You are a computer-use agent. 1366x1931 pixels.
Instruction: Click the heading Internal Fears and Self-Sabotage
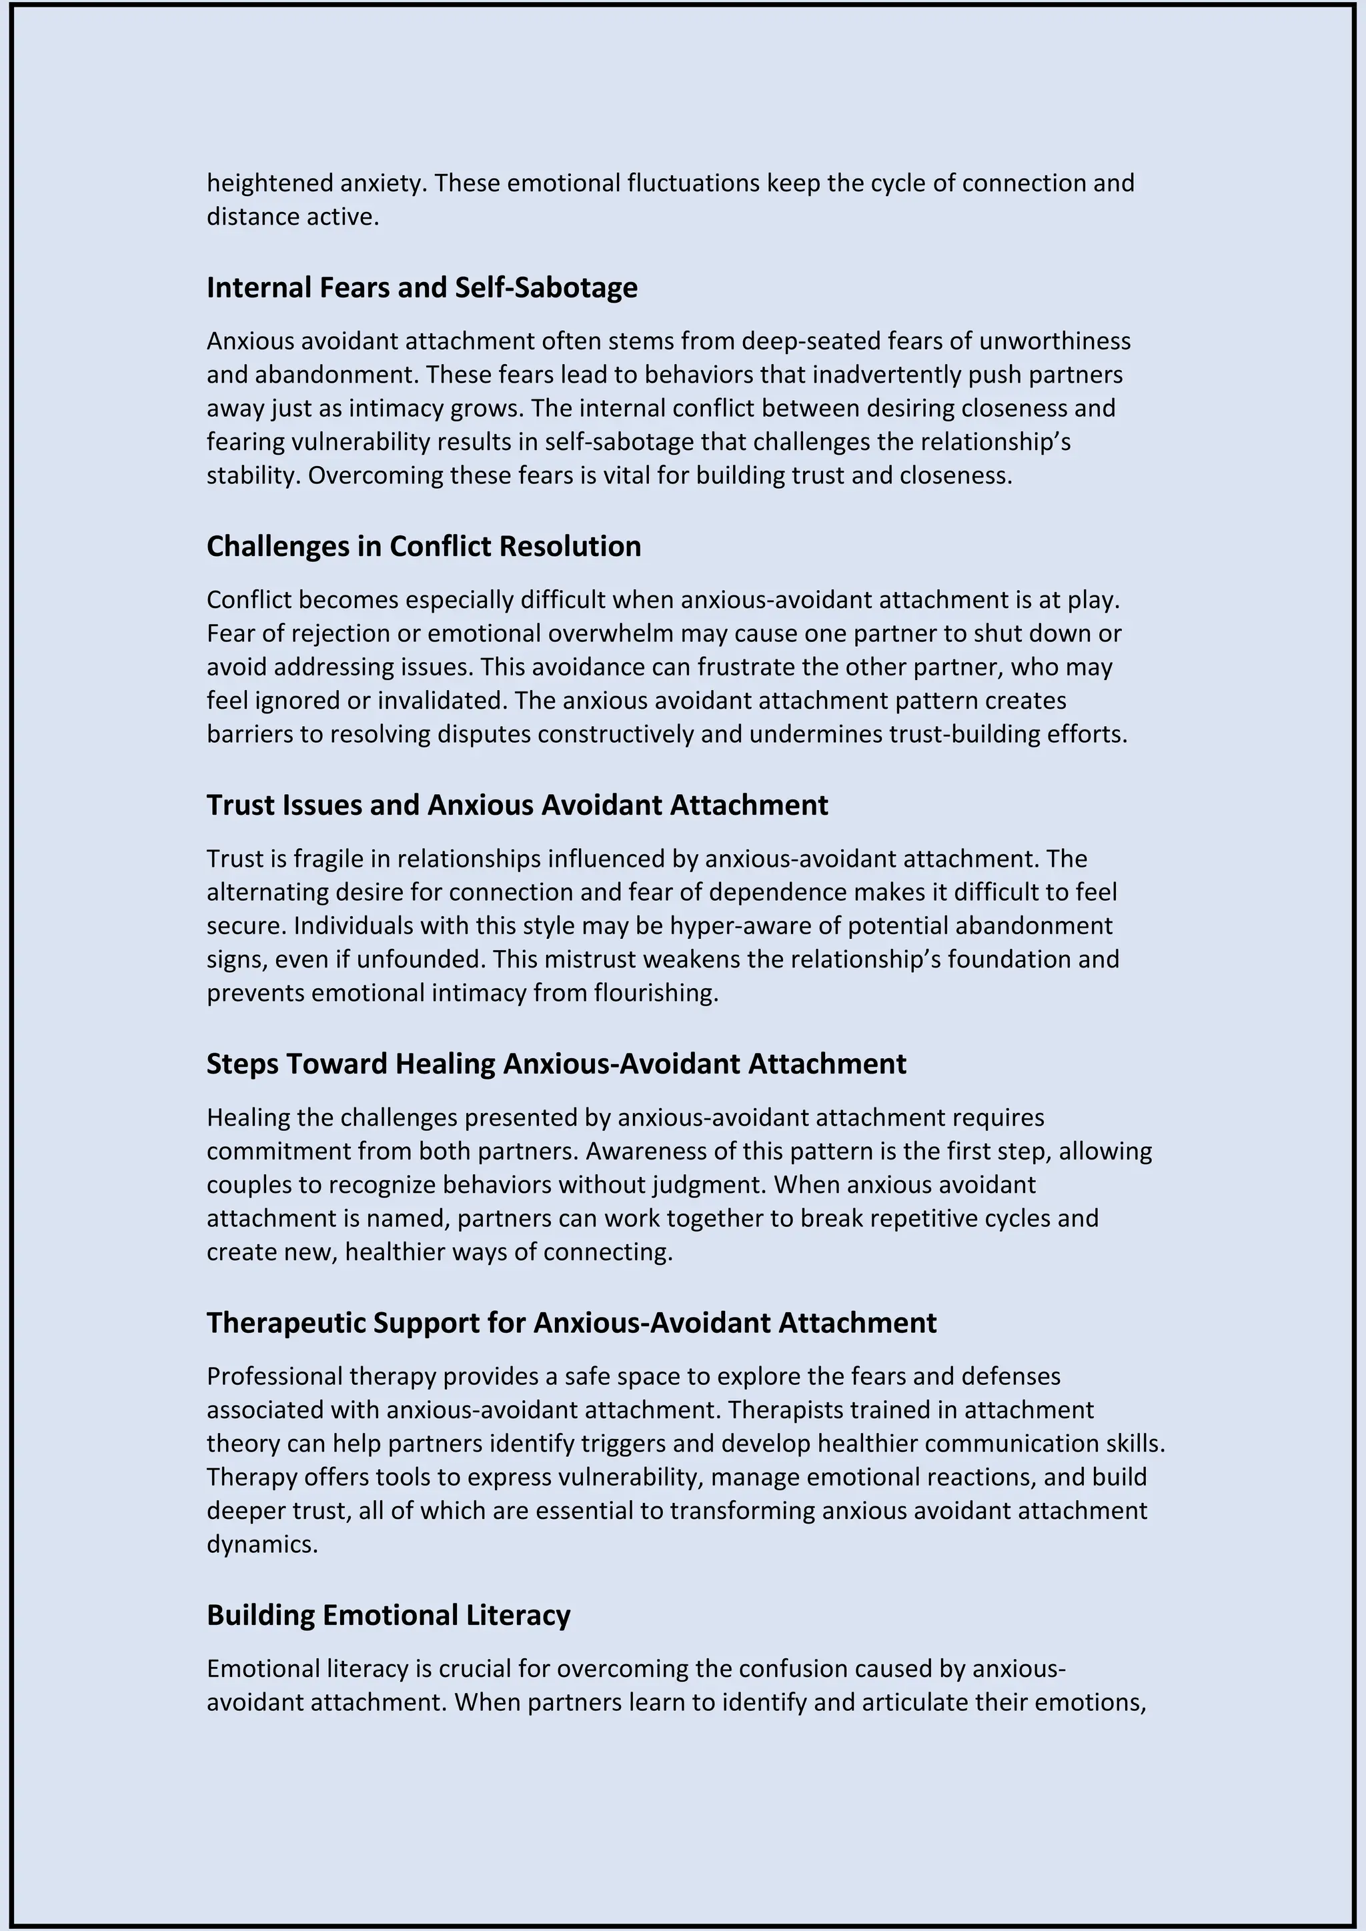pos(422,287)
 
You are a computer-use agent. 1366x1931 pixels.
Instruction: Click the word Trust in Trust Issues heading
pos(237,805)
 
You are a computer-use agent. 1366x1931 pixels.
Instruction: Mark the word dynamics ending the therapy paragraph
pos(261,1545)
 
